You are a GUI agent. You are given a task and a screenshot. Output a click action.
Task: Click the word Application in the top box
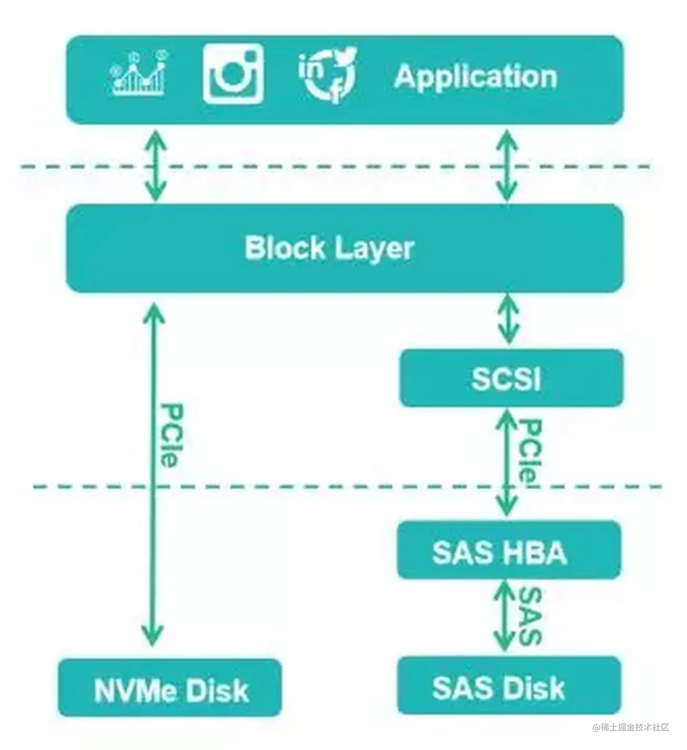point(475,77)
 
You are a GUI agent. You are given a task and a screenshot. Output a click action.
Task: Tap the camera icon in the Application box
point(233,74)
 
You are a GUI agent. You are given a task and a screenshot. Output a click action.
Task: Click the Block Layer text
point(329,248)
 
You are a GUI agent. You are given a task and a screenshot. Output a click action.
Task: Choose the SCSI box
point(511,379)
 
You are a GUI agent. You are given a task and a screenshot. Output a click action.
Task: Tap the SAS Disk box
point(509,687)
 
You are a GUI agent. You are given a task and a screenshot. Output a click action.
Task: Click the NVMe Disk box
point(170,688)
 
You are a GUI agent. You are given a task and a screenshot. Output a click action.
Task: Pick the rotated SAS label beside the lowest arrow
point(530,616)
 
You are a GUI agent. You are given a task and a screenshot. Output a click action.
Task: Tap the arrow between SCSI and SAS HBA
point(506,463)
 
